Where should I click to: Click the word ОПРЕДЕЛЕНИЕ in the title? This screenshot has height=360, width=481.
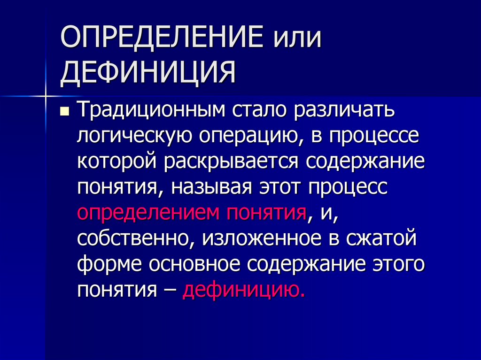pyautogui.click(x=157, y=38)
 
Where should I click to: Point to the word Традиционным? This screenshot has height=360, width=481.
pyautogui.click(x=149, y=111)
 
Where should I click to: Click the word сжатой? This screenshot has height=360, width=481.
pyautogui.click(x=381, y=238)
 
